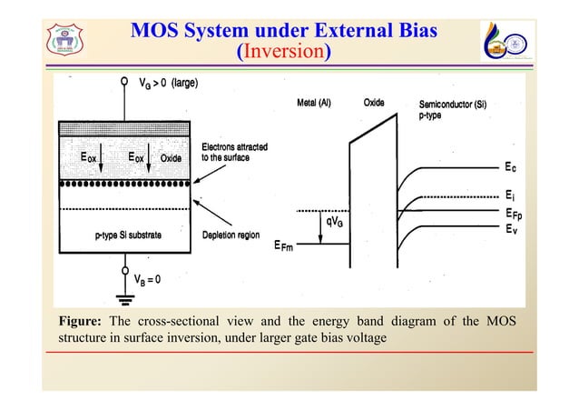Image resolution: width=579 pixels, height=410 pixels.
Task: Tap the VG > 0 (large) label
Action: [x=170, y=85]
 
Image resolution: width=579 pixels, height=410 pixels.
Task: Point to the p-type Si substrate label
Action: [x=129, y=235]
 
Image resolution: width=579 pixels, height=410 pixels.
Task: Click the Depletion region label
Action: [x=231, y=235]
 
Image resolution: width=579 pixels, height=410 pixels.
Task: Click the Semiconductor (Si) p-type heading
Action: [x=454, y=110]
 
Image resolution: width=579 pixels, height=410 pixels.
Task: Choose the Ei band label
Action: [x=511, y=195]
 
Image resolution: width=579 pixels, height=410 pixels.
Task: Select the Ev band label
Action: [x=512, y=230]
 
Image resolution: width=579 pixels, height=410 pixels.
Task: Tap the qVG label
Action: [x=334, y=221]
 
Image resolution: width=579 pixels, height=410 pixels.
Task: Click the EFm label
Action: [x=287, y=245]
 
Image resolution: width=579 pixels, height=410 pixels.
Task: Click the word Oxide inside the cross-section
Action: [x=172, y=157]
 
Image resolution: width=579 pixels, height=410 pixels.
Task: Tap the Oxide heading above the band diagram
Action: [x=374, y=103]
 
